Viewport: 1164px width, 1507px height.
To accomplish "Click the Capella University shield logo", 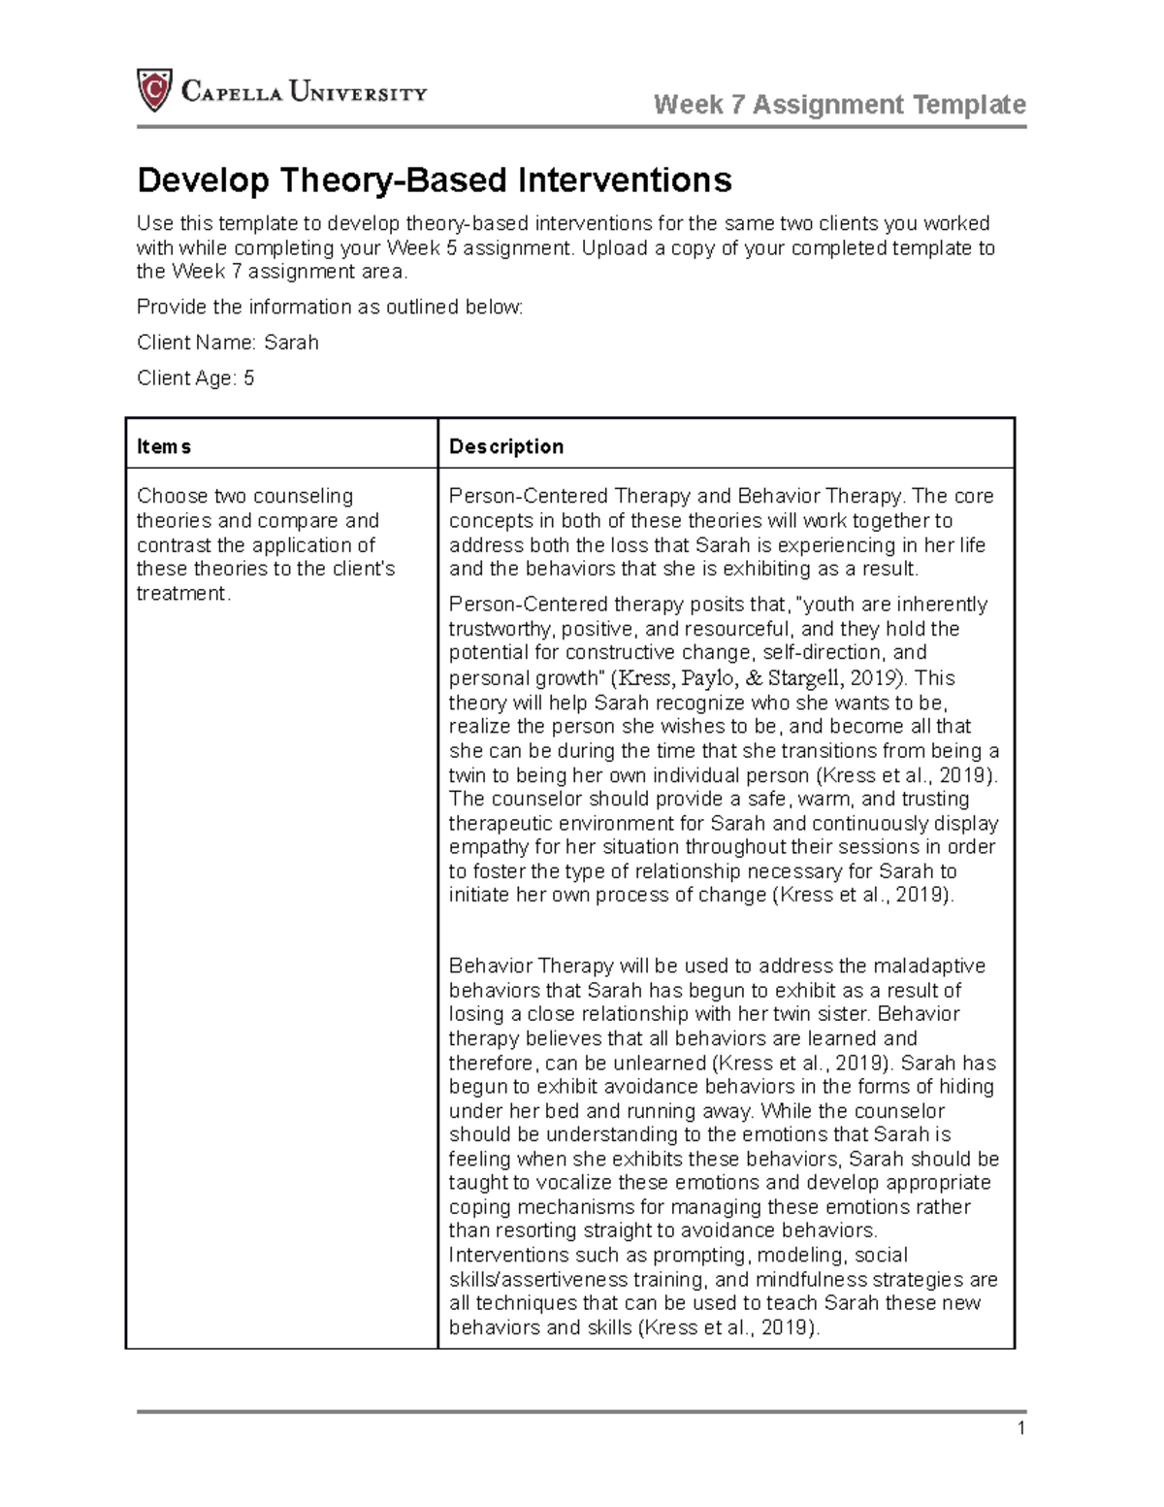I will [154, 91].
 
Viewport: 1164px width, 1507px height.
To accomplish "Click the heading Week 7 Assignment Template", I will [840, 104].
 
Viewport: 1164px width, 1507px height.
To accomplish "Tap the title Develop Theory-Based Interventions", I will [434, 180].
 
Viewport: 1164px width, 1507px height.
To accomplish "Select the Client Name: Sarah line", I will [228, 343].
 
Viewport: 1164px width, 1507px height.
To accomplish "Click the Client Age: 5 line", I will [196, 378].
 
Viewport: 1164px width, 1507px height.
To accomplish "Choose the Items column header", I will [164, 446].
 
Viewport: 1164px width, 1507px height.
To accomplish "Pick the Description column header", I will [505, 446].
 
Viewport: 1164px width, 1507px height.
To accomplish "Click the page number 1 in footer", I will [1020, 1427].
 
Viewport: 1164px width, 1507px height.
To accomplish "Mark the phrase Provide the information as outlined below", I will [330, 308].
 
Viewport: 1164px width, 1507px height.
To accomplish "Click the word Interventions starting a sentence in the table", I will [508, 1255].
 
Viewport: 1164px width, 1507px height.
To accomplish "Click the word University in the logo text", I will [359, 93].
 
